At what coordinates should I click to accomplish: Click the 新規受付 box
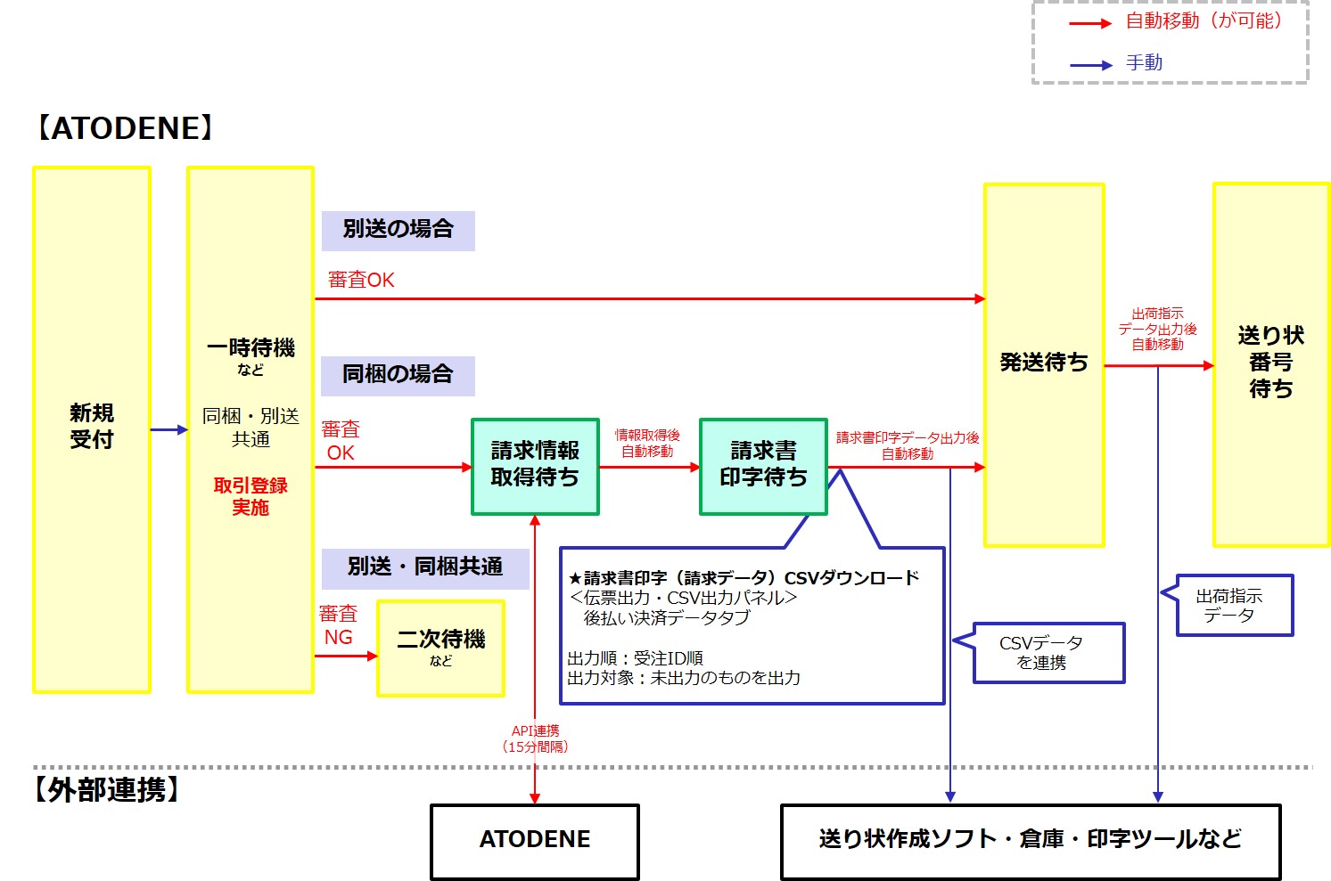[91, 428]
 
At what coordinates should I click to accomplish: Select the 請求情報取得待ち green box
[535, 466]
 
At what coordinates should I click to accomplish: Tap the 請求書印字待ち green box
[763, 466]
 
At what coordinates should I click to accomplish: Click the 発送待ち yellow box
[1044, 363]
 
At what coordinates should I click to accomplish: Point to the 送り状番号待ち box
[1270, 363]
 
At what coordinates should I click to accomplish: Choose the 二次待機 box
[440, 648]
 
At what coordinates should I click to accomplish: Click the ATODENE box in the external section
[535, 841]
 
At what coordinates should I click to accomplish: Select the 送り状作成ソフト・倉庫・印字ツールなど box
[1030, 841]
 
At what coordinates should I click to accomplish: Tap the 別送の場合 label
[398, 230]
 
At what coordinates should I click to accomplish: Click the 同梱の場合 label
[398, 375]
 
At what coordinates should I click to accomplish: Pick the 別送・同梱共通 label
[425, 567]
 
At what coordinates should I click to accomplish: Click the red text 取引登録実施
[251, 496]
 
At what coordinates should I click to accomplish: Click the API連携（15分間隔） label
[535, 738]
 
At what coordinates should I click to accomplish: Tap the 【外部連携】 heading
[107, 790]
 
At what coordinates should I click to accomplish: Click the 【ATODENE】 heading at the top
[125, 129]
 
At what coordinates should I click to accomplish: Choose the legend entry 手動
[1144, 63]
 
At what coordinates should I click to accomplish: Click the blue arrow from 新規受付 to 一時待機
[168, 430]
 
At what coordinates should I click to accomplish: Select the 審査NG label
[338, 625]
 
